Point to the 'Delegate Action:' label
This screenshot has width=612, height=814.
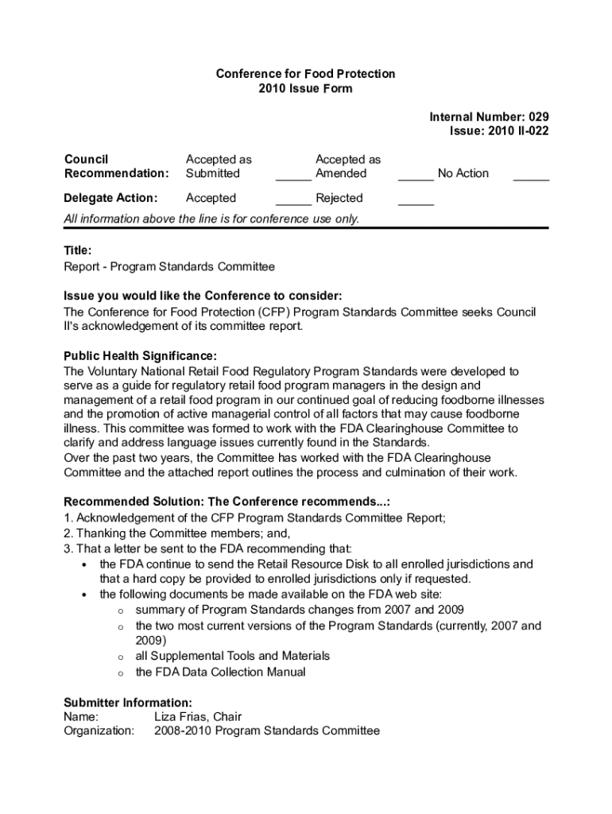click(x=110, y=198)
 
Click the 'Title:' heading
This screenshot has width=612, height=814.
click(x=78, y=250)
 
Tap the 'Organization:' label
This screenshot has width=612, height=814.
click(x=99, y=731)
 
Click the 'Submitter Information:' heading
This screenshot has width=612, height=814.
click(x=127, y=703)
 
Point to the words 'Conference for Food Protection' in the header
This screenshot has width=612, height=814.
click(x=305, y=74)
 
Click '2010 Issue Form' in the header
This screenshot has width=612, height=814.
click(x=305, y=88)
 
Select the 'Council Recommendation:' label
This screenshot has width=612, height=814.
click(x=116, y=166)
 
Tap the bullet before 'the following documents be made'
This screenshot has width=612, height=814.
click(x=84, y=595)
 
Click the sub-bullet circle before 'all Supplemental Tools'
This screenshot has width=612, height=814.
click(x=120, y=657)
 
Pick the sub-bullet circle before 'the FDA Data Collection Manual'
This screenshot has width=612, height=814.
click(x=120, y=673)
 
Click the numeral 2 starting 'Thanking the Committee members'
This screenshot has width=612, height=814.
click(x=68, y=533)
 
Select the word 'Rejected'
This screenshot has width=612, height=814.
click(x=339, y=198)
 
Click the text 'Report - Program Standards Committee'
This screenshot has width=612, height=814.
click(x=169, y=266)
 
